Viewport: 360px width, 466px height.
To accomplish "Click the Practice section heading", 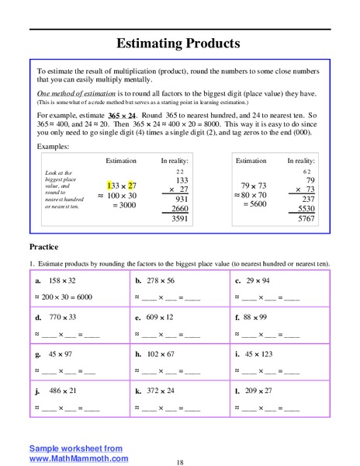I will click(44, 247).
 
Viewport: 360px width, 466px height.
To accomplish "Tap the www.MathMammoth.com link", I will click(78, 458).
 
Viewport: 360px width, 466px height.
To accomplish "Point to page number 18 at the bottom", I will click(179, 462).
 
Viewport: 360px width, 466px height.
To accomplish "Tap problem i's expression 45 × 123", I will click(263, 354).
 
